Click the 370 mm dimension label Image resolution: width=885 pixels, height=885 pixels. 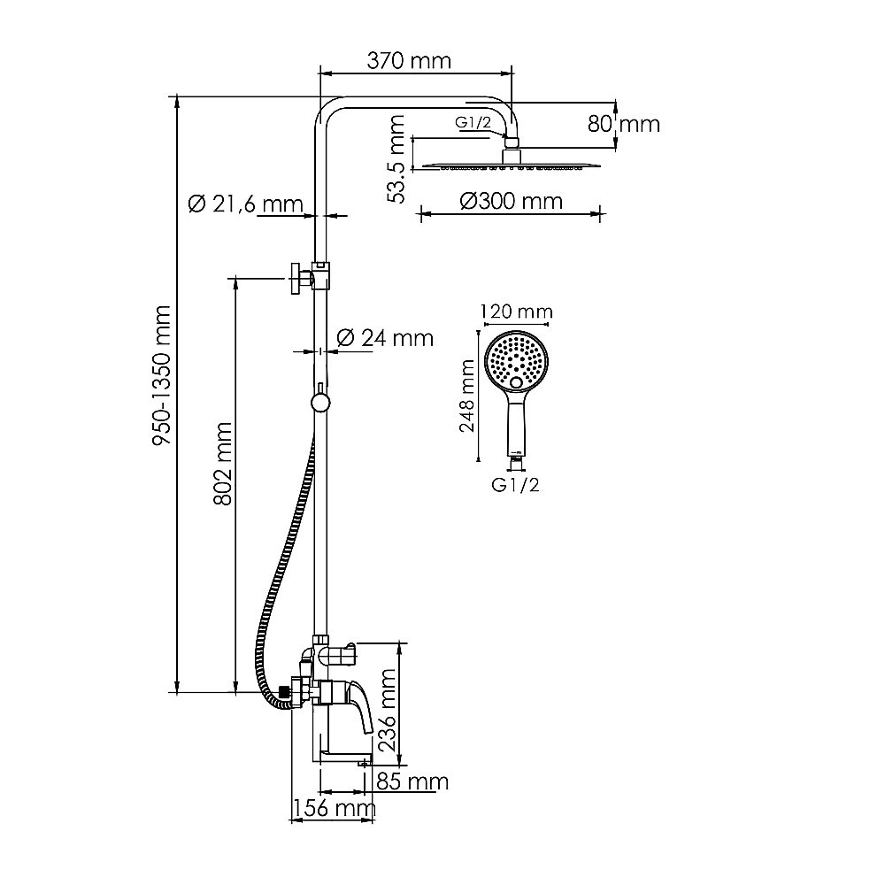click(409, 61)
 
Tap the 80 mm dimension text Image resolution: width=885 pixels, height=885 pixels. click(623, 124)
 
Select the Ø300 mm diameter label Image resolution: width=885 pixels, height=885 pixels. click(511, 201)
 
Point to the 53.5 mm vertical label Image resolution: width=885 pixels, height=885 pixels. click(396, 158)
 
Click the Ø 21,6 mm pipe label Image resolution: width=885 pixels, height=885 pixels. click(245, 204)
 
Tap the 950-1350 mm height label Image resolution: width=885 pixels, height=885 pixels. click(163, 375)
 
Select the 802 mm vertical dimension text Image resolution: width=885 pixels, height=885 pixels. click(223, 464)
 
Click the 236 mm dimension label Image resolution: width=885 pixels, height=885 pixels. click(388, 710)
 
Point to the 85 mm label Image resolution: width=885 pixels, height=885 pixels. click(412, 782)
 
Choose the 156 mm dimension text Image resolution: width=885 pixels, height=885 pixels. click(333, 808)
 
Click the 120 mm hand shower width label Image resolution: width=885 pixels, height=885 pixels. click(516, 312)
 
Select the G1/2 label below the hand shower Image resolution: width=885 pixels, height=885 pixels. click(515, 485)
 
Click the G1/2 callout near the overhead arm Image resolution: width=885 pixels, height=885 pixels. click(473, 122)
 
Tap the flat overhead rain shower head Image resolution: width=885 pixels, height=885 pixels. click(511, 165)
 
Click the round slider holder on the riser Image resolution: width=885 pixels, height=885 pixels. click(320, 403)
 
